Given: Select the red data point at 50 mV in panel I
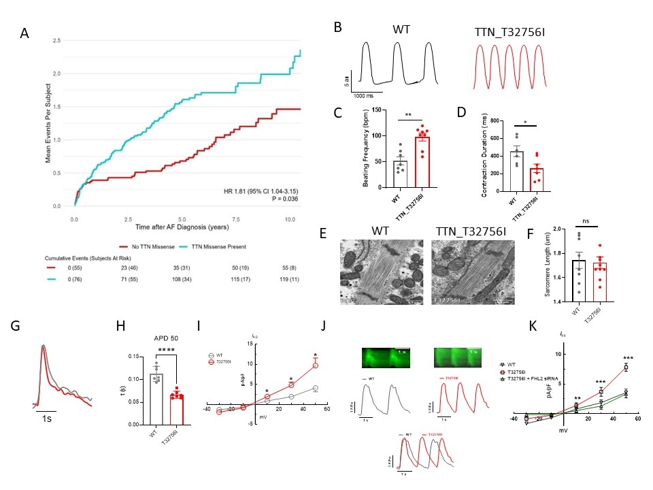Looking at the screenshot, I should pos(316,365).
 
